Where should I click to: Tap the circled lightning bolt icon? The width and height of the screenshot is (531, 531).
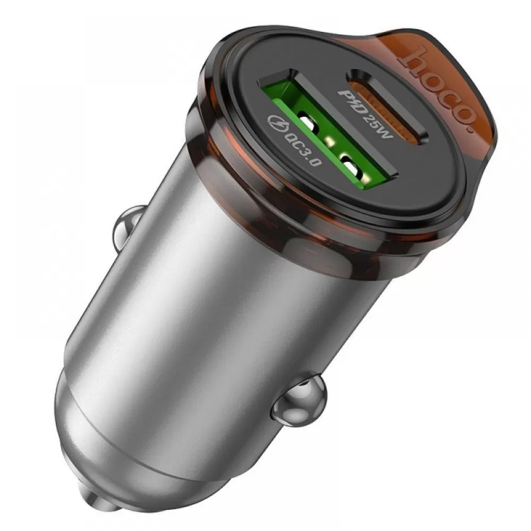click(277, 123)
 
